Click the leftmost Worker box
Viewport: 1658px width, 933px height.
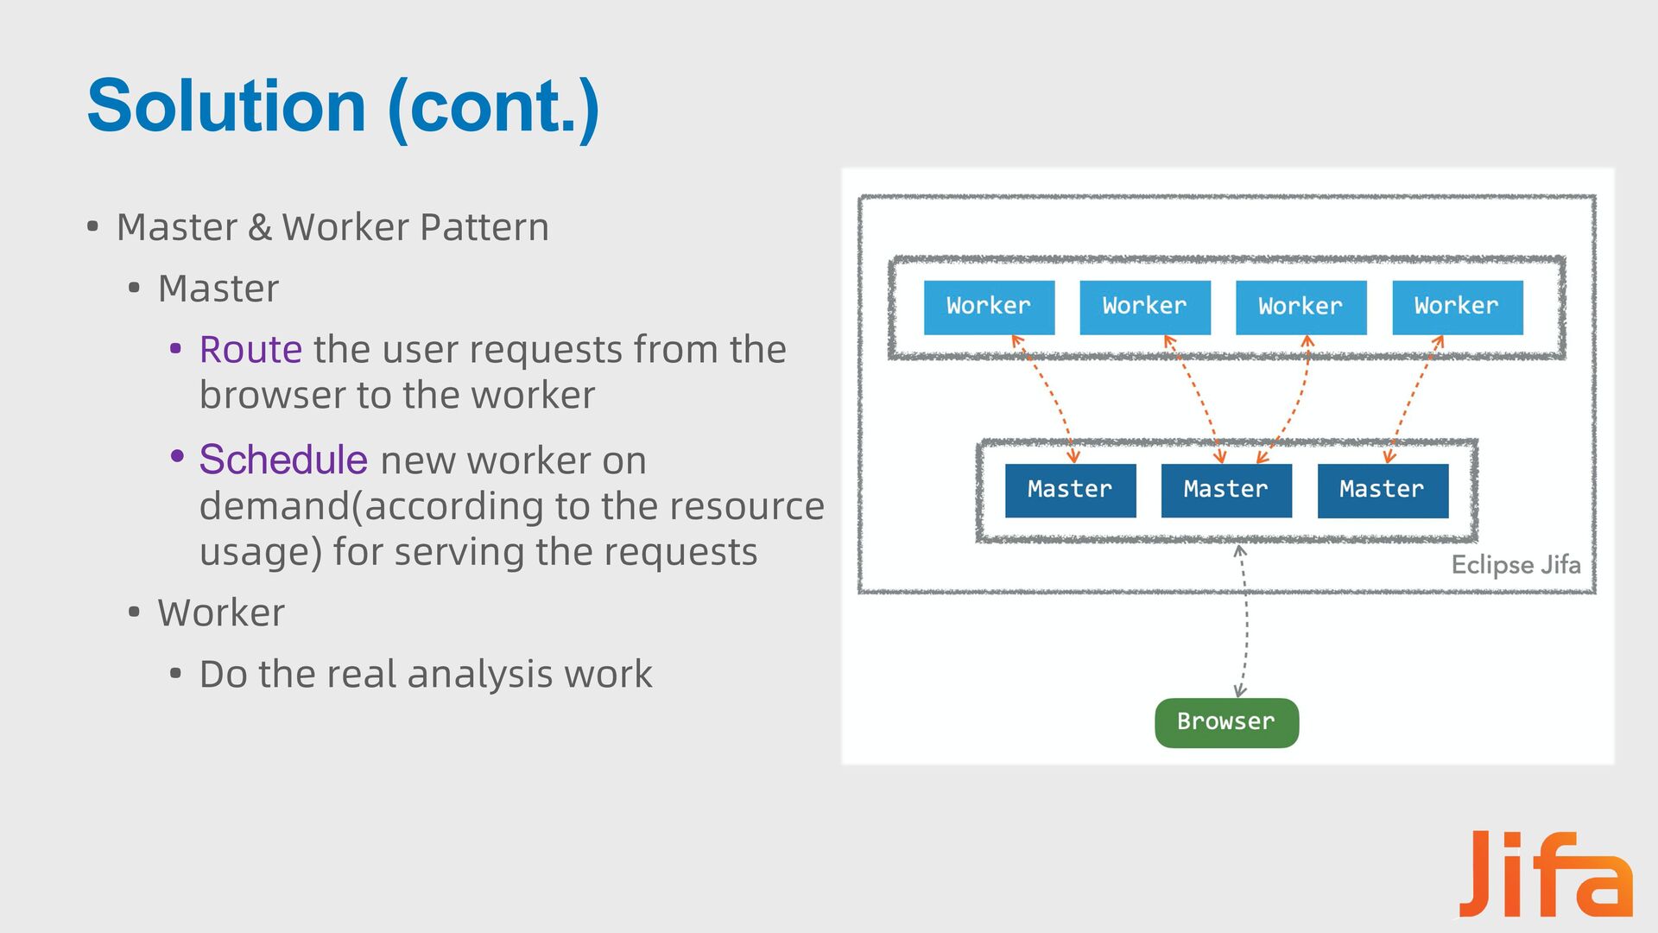click(989, 308)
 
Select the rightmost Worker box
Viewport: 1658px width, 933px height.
click(1458, 308)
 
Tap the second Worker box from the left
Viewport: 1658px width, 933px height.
click(1145, 308)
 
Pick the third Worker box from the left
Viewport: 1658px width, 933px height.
click(1301, 308)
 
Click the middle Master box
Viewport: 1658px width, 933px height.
click(1226, 491)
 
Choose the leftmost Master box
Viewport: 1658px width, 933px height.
click(1071, 491)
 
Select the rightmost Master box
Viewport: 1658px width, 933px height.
click(1383, 491)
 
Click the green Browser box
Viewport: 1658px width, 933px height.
click(1227, 723)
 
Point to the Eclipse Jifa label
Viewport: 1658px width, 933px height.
click(1516, 565)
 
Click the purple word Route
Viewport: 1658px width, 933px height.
click(250, 350)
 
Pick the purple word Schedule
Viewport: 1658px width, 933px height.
click(283, 460)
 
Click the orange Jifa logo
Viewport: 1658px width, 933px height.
click(1546, 873)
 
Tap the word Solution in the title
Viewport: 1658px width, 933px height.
click(227, 105)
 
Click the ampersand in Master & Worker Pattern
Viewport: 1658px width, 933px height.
click(259, 228)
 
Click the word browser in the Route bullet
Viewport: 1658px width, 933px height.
click(272, 396)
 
